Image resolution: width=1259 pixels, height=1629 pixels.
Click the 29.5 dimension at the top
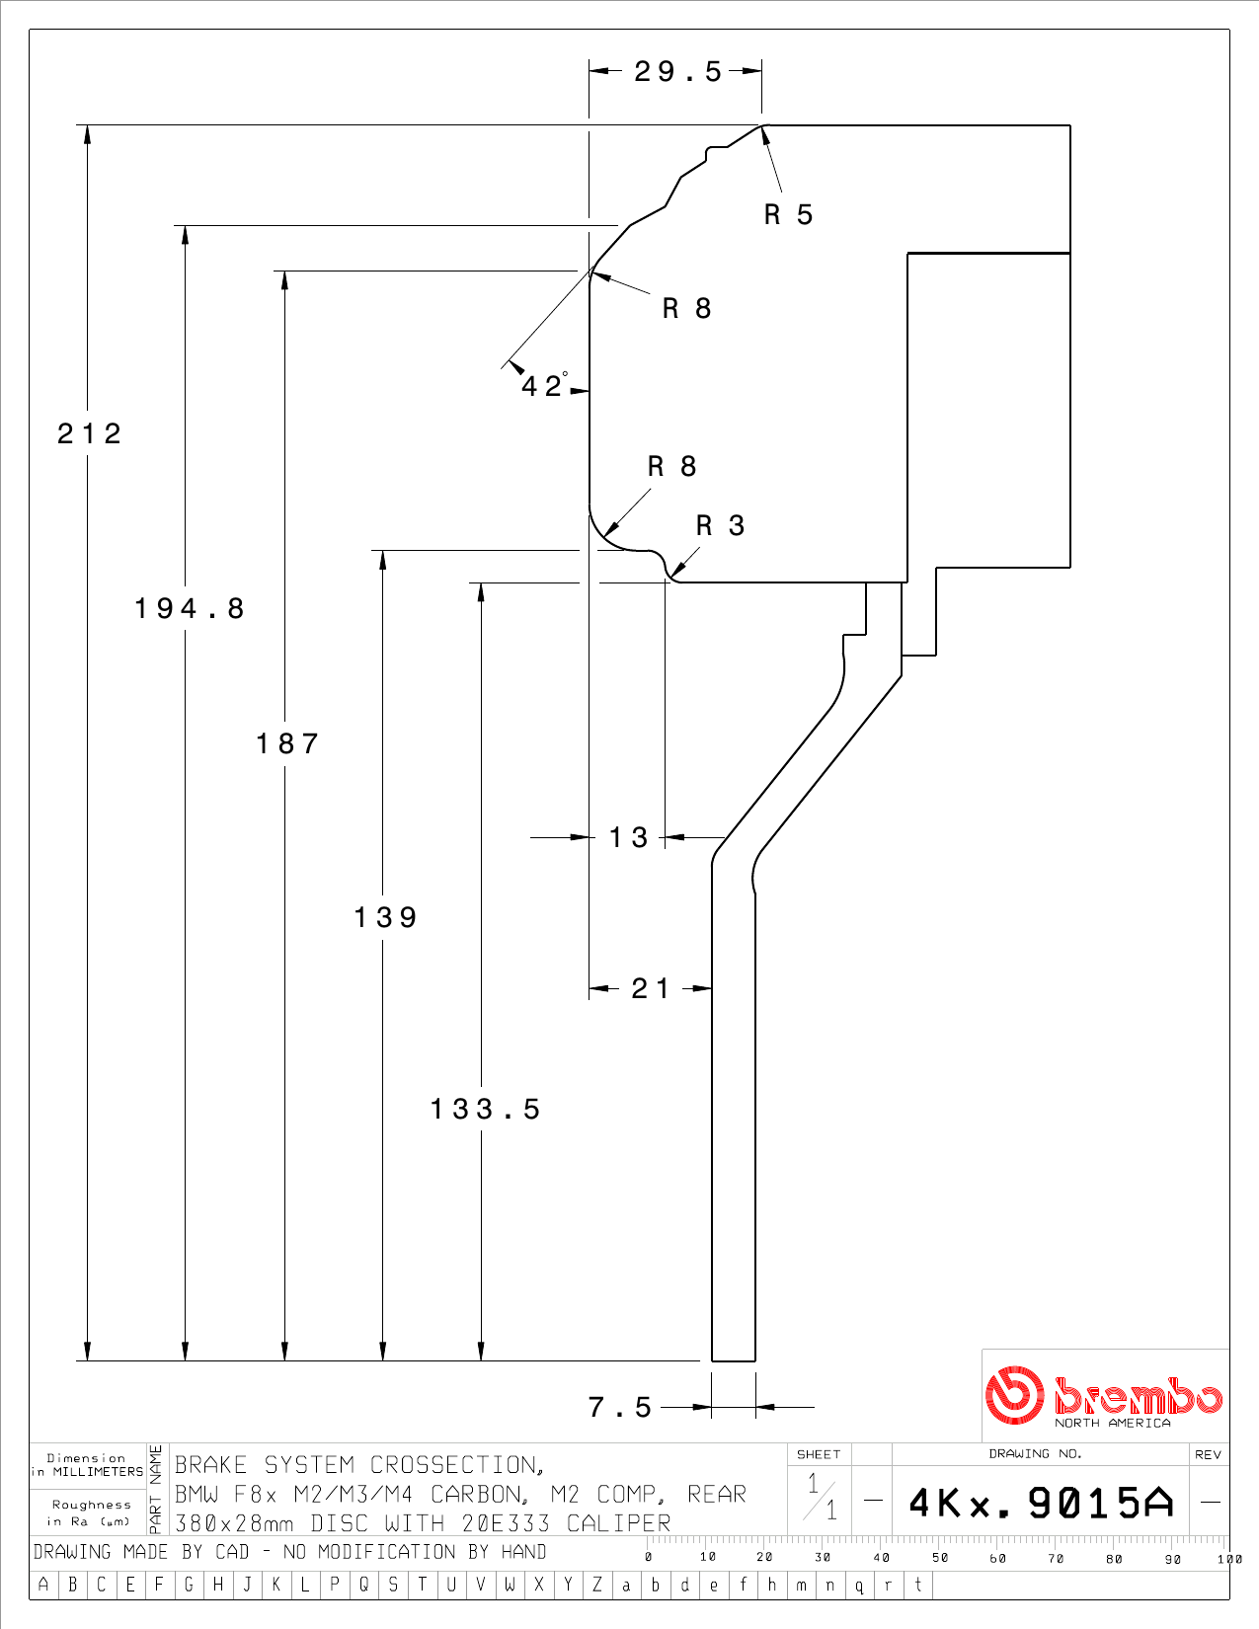coord(677,72)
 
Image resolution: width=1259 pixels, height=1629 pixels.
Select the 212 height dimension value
coord(89,433)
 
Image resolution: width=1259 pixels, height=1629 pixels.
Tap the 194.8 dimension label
coord(190,608)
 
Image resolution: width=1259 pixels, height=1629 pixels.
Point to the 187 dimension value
coord(287,743)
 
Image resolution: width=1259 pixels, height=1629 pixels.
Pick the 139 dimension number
coord(385,917)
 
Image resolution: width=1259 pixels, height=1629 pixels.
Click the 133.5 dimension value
coord(485,1109)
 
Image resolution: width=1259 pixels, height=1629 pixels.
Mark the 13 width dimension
coord(628,837)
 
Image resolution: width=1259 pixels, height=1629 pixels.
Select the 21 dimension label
coord(650,988)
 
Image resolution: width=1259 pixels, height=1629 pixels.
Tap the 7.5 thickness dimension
coord(619,1407)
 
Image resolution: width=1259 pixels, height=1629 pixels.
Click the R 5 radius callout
coord(789,214)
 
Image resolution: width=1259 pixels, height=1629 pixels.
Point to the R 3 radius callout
coord(721,525)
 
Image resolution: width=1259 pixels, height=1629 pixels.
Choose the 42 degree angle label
coord(544,385)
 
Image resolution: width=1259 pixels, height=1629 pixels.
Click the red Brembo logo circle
coord(1014,1395)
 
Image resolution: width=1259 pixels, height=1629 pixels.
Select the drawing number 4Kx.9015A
coord(1041,1503)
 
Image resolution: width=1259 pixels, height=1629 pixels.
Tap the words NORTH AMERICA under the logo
coord(1112,1423)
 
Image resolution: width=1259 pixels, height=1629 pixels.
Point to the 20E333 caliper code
coord(507,1523)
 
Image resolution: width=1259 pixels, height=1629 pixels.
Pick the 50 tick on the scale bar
coord(940,1557)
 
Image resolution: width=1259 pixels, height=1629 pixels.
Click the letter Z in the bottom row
coord(596,1584)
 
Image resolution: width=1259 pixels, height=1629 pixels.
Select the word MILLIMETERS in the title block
coord(98,1472)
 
